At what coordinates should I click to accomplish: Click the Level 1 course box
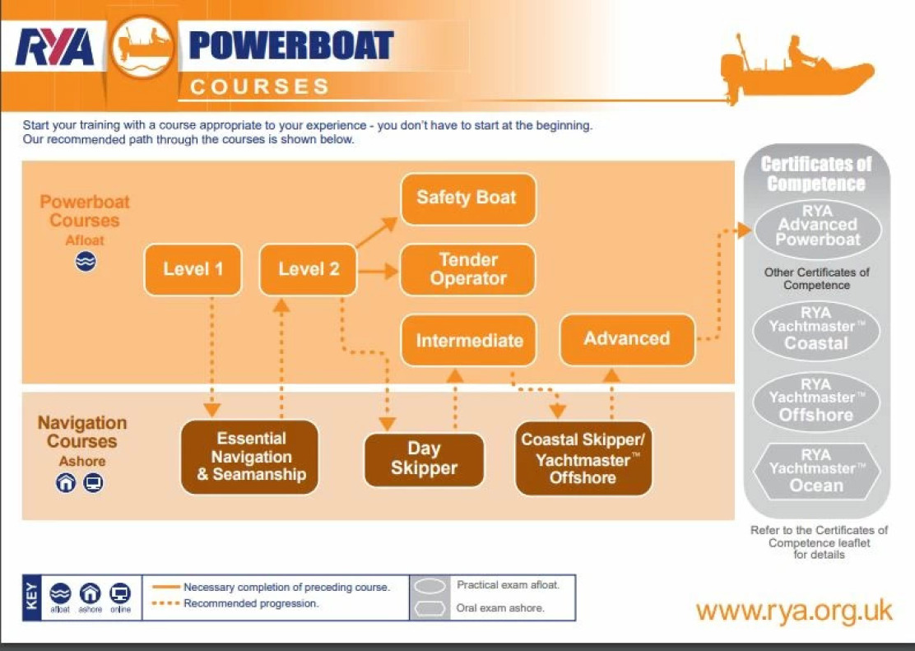[193, 269]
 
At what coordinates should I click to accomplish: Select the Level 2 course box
[308, 269]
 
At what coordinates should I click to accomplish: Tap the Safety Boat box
[467, 198]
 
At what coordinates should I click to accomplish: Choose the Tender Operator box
[467, 269]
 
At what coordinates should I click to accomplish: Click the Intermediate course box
[469, 341]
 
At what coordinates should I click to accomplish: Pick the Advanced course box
[627, 338]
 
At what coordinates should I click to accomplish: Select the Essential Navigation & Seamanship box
[250, 457]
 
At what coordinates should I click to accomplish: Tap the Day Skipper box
[424, 459]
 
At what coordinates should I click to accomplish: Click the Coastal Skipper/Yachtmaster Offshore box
[583, 458]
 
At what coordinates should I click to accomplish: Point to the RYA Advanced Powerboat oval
[817, 226]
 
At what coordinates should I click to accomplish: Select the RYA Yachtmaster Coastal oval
[816, 329]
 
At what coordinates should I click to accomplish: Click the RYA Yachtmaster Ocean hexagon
[816, 472]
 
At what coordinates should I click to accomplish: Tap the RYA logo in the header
[55, 49]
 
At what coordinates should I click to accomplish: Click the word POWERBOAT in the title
[291, 46]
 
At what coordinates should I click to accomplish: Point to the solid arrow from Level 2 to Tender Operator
[378, 269]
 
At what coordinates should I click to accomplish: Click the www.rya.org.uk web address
[793, 611]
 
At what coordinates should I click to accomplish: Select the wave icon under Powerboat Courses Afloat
[86, 262]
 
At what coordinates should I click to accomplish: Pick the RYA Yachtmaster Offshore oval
[816, 401]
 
